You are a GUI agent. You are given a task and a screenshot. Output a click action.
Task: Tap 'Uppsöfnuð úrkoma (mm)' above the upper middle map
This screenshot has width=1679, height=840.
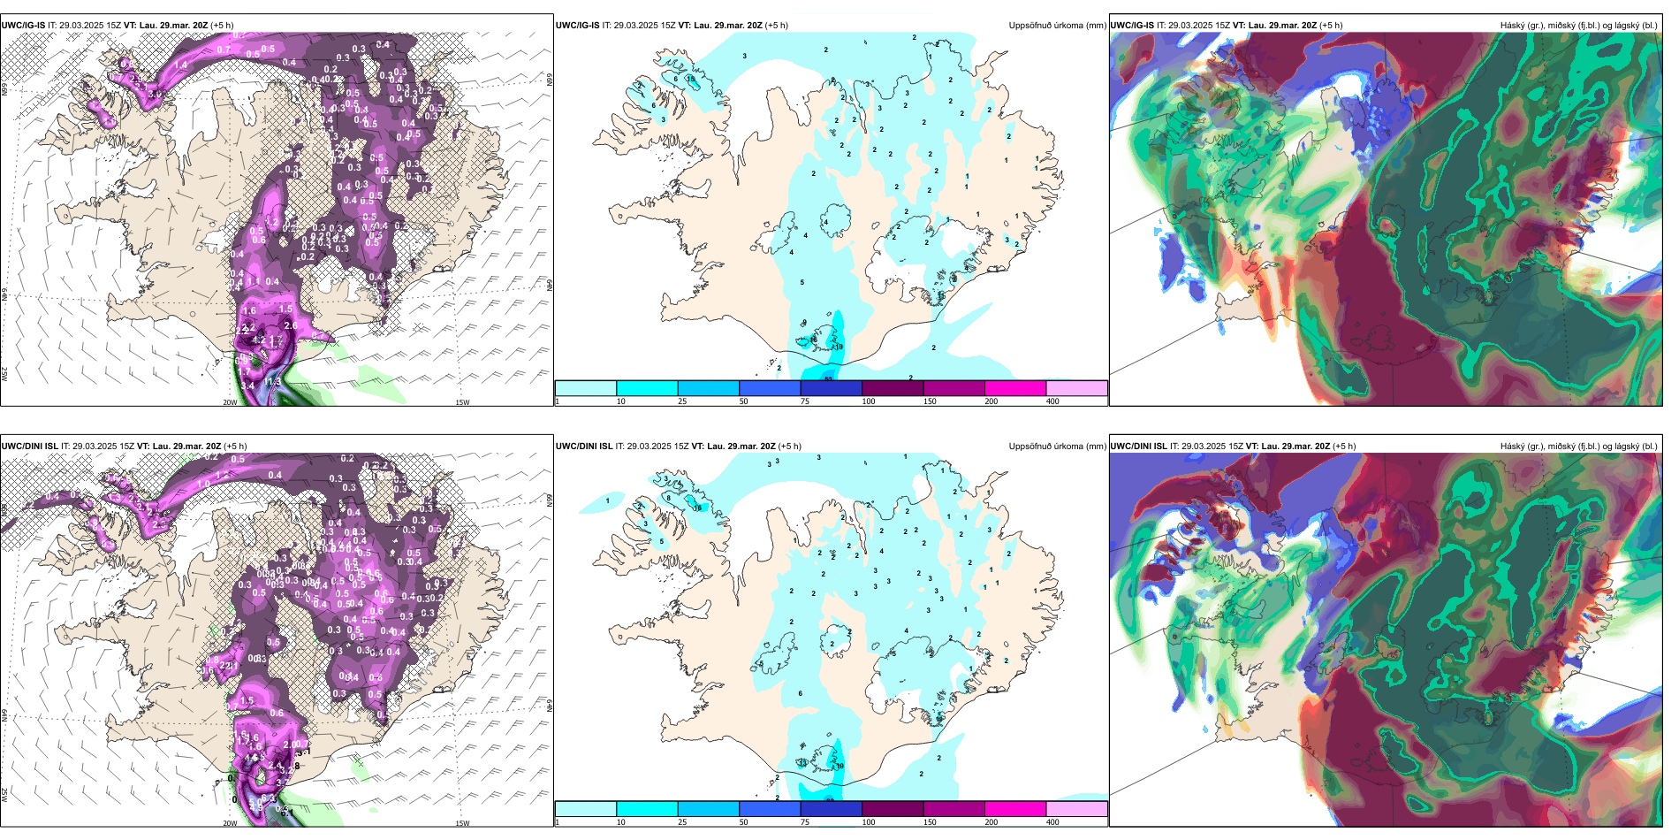(1057, 26)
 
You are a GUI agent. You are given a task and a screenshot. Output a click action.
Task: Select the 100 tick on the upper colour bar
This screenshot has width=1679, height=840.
(869, 401)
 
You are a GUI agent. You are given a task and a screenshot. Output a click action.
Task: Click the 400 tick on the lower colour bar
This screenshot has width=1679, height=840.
(1052, 822)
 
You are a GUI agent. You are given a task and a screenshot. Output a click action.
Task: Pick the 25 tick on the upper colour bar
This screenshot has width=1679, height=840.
(682, 401)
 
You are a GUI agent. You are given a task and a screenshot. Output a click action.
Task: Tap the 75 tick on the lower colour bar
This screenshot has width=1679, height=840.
(805, 822)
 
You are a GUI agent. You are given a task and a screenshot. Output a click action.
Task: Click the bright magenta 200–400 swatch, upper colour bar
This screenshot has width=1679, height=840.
(1015, 388)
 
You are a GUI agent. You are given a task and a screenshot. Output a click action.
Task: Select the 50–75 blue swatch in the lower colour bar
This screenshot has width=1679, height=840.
(770, 809)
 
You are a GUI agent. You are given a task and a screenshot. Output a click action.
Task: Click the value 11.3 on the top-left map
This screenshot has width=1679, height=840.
(272, 383)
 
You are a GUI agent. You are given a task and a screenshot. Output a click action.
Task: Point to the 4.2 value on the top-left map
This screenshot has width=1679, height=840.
(258, 340)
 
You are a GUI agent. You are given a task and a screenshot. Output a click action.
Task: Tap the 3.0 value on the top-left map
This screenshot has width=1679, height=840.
(156, 94)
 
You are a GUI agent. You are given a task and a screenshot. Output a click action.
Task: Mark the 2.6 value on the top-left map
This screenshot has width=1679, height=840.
(291, 326)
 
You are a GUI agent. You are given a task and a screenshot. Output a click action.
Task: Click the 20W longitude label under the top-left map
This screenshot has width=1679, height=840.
(230, 402)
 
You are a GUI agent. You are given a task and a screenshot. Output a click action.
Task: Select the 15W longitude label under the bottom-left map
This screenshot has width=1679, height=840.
(461, 823)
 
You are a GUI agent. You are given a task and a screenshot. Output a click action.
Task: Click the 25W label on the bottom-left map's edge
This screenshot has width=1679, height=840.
(4, 795)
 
